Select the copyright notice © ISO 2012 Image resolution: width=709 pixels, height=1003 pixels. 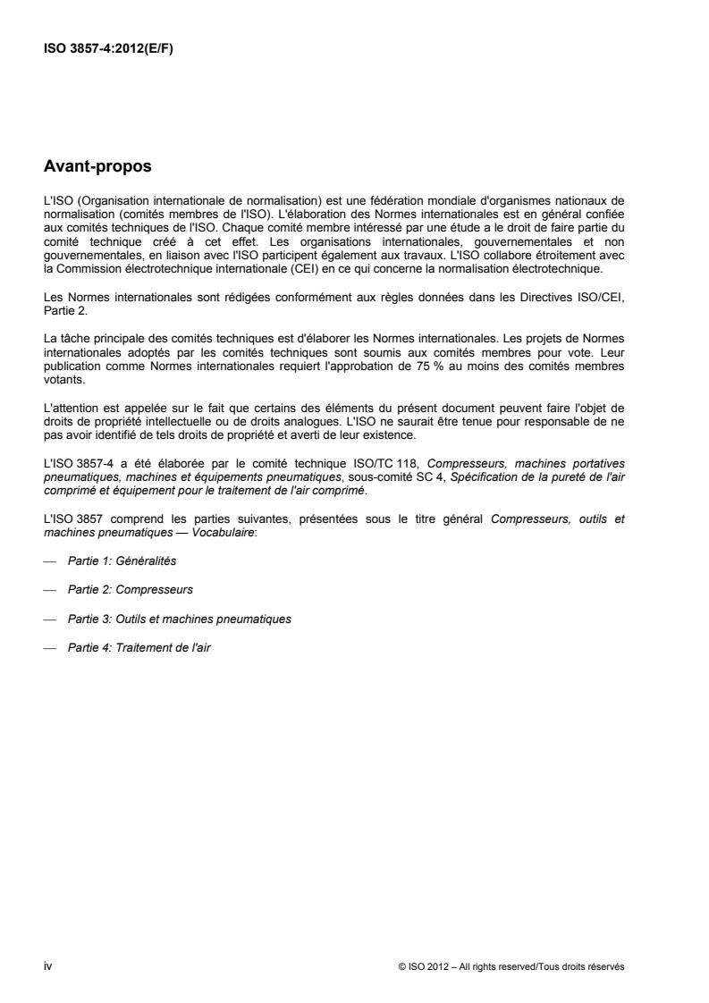click(x=511, y=965)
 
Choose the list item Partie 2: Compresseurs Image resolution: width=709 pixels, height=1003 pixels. click(x=131, y=590)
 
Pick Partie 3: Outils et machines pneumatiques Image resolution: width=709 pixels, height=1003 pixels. click(x=179, y=619)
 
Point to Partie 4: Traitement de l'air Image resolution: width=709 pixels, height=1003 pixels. click(x=139, y=647)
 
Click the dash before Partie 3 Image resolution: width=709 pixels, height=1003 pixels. click(x=49, y=619)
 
